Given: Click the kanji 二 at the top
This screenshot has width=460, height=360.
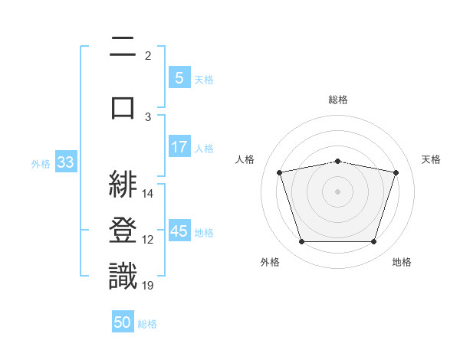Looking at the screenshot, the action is coord(123,46).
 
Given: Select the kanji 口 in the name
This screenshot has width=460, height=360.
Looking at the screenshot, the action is coord(123,108).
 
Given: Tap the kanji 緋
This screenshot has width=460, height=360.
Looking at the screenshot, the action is coord(123,185).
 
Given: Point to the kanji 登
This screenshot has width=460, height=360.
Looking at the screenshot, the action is coord(123,230).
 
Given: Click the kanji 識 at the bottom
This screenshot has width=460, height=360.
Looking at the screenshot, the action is coord(123,276).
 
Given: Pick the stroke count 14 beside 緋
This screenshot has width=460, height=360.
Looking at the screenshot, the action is coord(147,194).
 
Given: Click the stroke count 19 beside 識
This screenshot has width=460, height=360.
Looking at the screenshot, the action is coord(147,285).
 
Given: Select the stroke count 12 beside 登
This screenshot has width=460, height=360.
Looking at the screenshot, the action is coord(147,240).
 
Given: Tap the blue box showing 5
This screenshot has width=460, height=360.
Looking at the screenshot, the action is coord(179,77).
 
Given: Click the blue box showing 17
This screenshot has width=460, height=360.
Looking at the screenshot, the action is coord(179,146).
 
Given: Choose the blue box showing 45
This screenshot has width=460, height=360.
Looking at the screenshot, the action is coord(179,230).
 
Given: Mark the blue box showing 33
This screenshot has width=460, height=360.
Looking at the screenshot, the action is coord(66,162).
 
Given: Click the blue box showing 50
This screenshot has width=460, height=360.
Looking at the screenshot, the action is coord(123,321).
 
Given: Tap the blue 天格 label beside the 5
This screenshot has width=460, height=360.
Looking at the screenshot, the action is coord(204,80).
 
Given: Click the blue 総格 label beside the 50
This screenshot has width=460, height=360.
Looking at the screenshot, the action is coord(147,324).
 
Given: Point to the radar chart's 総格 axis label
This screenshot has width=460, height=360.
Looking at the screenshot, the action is coord(338,100).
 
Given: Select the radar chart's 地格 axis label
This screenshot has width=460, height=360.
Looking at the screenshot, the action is coord(402,262).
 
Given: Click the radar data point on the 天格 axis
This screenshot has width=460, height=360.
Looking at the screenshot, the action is coord(396,172).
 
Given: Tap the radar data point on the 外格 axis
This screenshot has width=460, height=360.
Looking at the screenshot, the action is coord(302,241).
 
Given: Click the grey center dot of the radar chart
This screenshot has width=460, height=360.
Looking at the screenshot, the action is coord(337,191).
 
